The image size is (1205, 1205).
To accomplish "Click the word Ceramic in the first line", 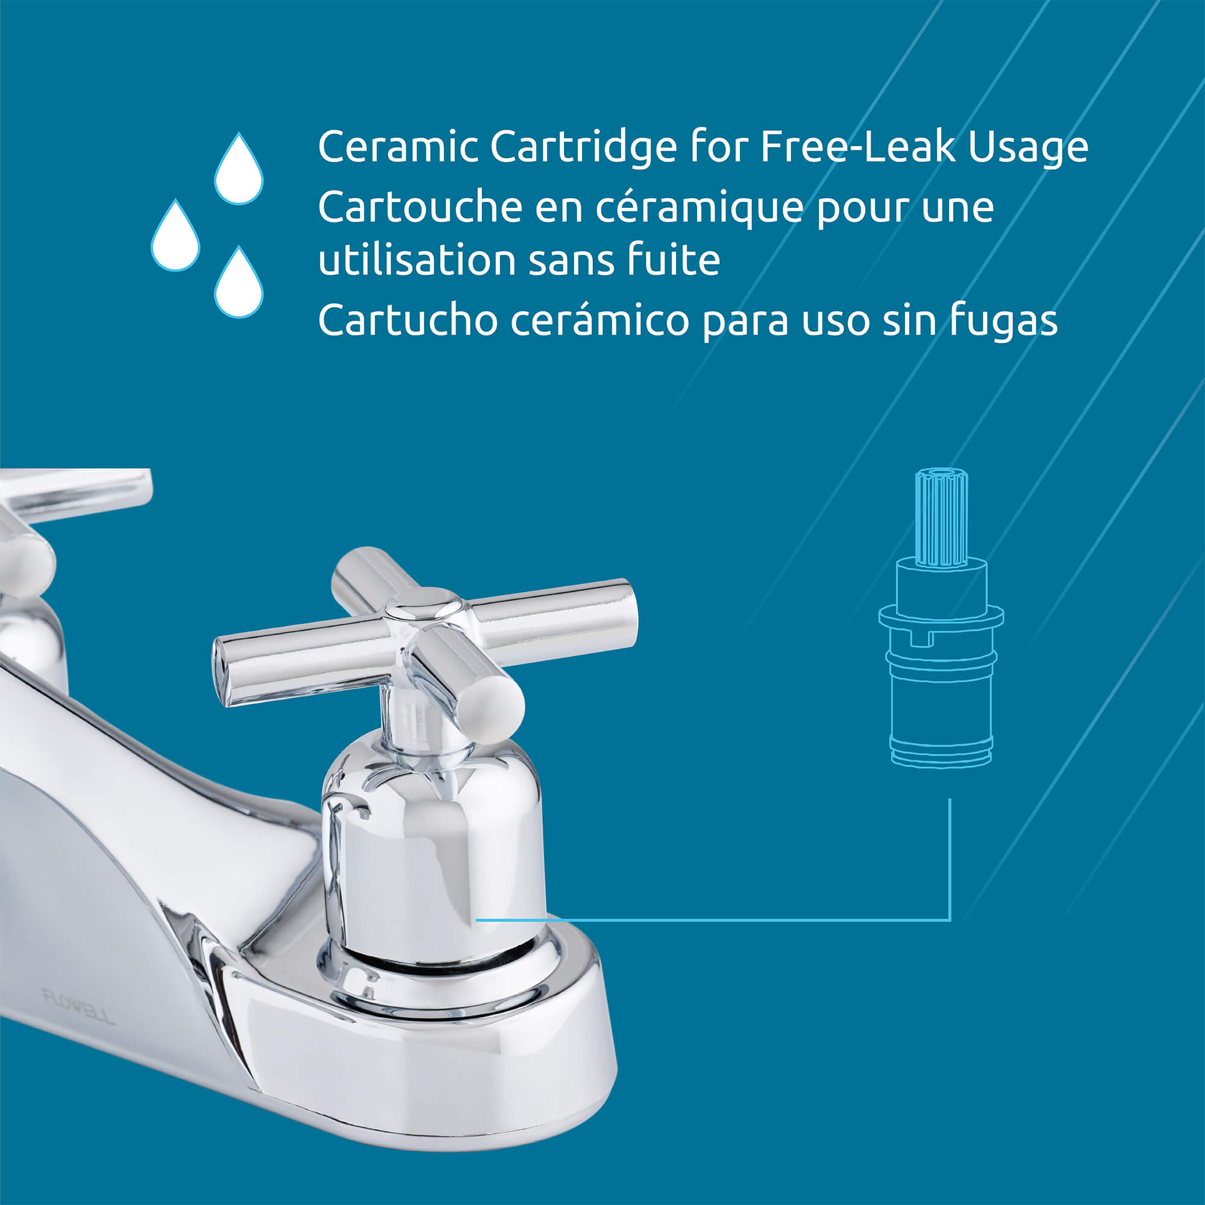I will (398, 147).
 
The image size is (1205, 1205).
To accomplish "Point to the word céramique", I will (699, 208).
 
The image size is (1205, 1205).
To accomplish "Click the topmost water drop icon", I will (239, 169).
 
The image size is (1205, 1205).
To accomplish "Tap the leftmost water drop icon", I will (175, 236).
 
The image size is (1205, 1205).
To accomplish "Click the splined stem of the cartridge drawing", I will (941, 518).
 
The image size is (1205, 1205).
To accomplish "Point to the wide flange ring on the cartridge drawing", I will (941, 617).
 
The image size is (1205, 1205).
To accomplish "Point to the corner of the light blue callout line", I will (950, 919).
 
